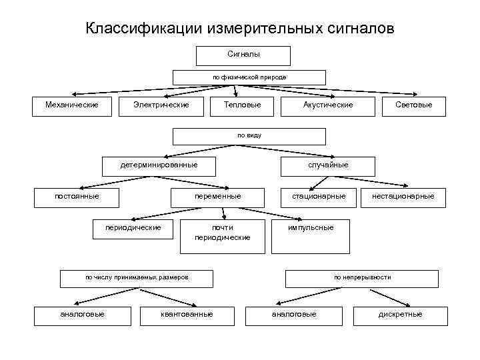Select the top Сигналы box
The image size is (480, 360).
(243, 55)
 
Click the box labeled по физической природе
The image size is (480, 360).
(249, 77)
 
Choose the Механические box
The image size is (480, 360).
(71, 105)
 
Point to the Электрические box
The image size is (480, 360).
(161, 105)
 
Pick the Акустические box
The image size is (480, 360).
(328, 105)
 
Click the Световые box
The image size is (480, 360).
(413, 105)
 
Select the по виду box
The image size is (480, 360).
(249, 136)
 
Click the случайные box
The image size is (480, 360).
(327, 165)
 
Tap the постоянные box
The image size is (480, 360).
(77, 197)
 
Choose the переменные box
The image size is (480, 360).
(218, 197)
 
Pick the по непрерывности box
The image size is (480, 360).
(362, 277)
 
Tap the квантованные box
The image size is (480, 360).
(187, 315)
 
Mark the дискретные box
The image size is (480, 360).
(400, 315)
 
